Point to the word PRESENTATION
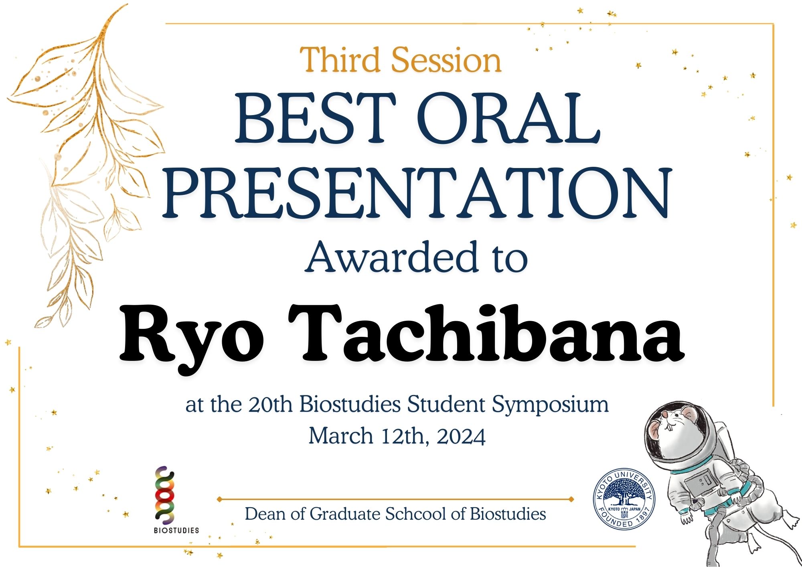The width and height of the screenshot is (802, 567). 417,193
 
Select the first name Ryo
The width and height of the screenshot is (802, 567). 192,337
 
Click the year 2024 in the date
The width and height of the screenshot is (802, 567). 461,436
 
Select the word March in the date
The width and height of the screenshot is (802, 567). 341,436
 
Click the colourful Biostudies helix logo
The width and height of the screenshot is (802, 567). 165,496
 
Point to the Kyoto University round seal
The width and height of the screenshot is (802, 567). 624,499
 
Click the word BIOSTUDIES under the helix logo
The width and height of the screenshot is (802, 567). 176,530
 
